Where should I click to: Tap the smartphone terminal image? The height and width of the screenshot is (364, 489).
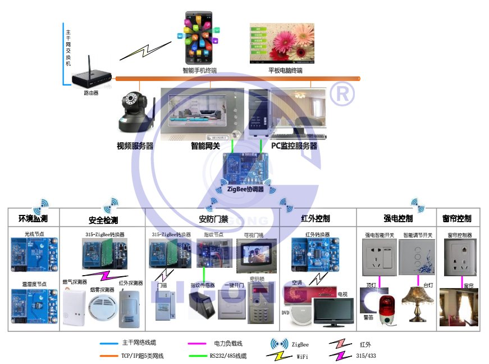(200, 40)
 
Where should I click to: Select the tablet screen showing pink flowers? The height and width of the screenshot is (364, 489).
(282, 43)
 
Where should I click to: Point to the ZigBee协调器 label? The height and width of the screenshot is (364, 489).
(245, 190)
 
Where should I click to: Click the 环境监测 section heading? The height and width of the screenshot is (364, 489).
(33, 219)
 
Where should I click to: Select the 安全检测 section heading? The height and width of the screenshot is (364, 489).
(103, 220)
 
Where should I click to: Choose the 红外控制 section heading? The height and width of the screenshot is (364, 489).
(316, 218)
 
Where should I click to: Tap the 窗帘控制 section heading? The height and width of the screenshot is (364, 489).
(457, 218)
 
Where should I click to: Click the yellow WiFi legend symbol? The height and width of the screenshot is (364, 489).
(277, 356)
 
